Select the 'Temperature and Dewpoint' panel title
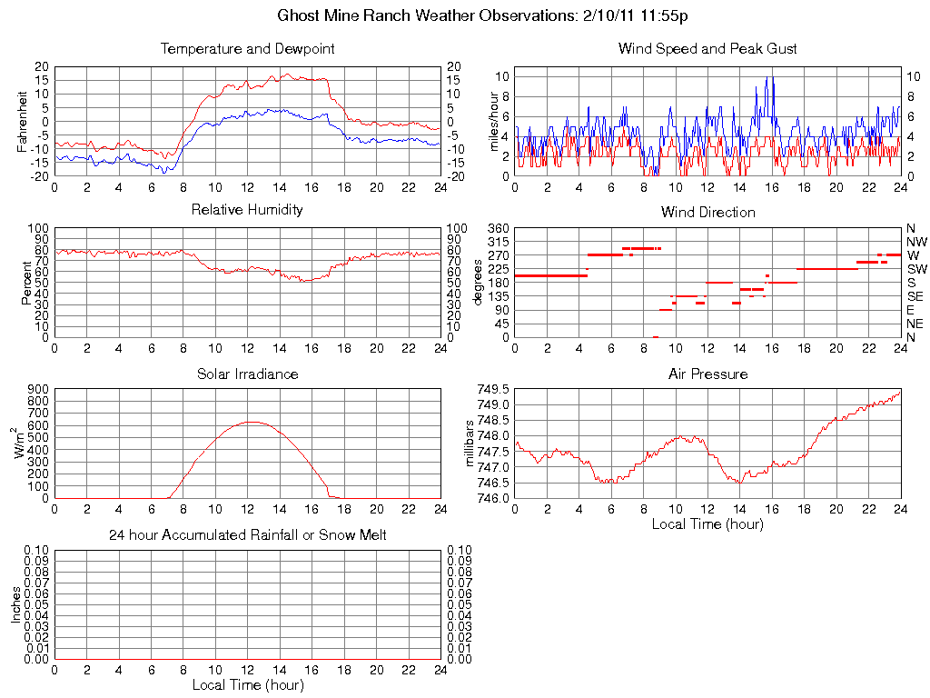(247, 49)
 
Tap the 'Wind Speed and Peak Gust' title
(707, 49)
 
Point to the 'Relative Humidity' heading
(247, 210)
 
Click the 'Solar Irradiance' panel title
(247, 374)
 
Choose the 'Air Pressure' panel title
(707, 374)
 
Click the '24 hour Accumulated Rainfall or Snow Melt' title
(247, 535)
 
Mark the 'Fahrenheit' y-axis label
(22, 122)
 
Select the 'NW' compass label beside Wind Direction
(915, 242)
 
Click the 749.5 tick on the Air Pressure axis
(494, 389)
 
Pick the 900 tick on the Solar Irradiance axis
(38, 389)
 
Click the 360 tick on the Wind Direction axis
(498, 228)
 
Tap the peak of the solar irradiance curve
(252, 422)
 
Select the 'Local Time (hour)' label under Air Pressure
(707, 523)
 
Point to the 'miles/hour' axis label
(496, 122)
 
